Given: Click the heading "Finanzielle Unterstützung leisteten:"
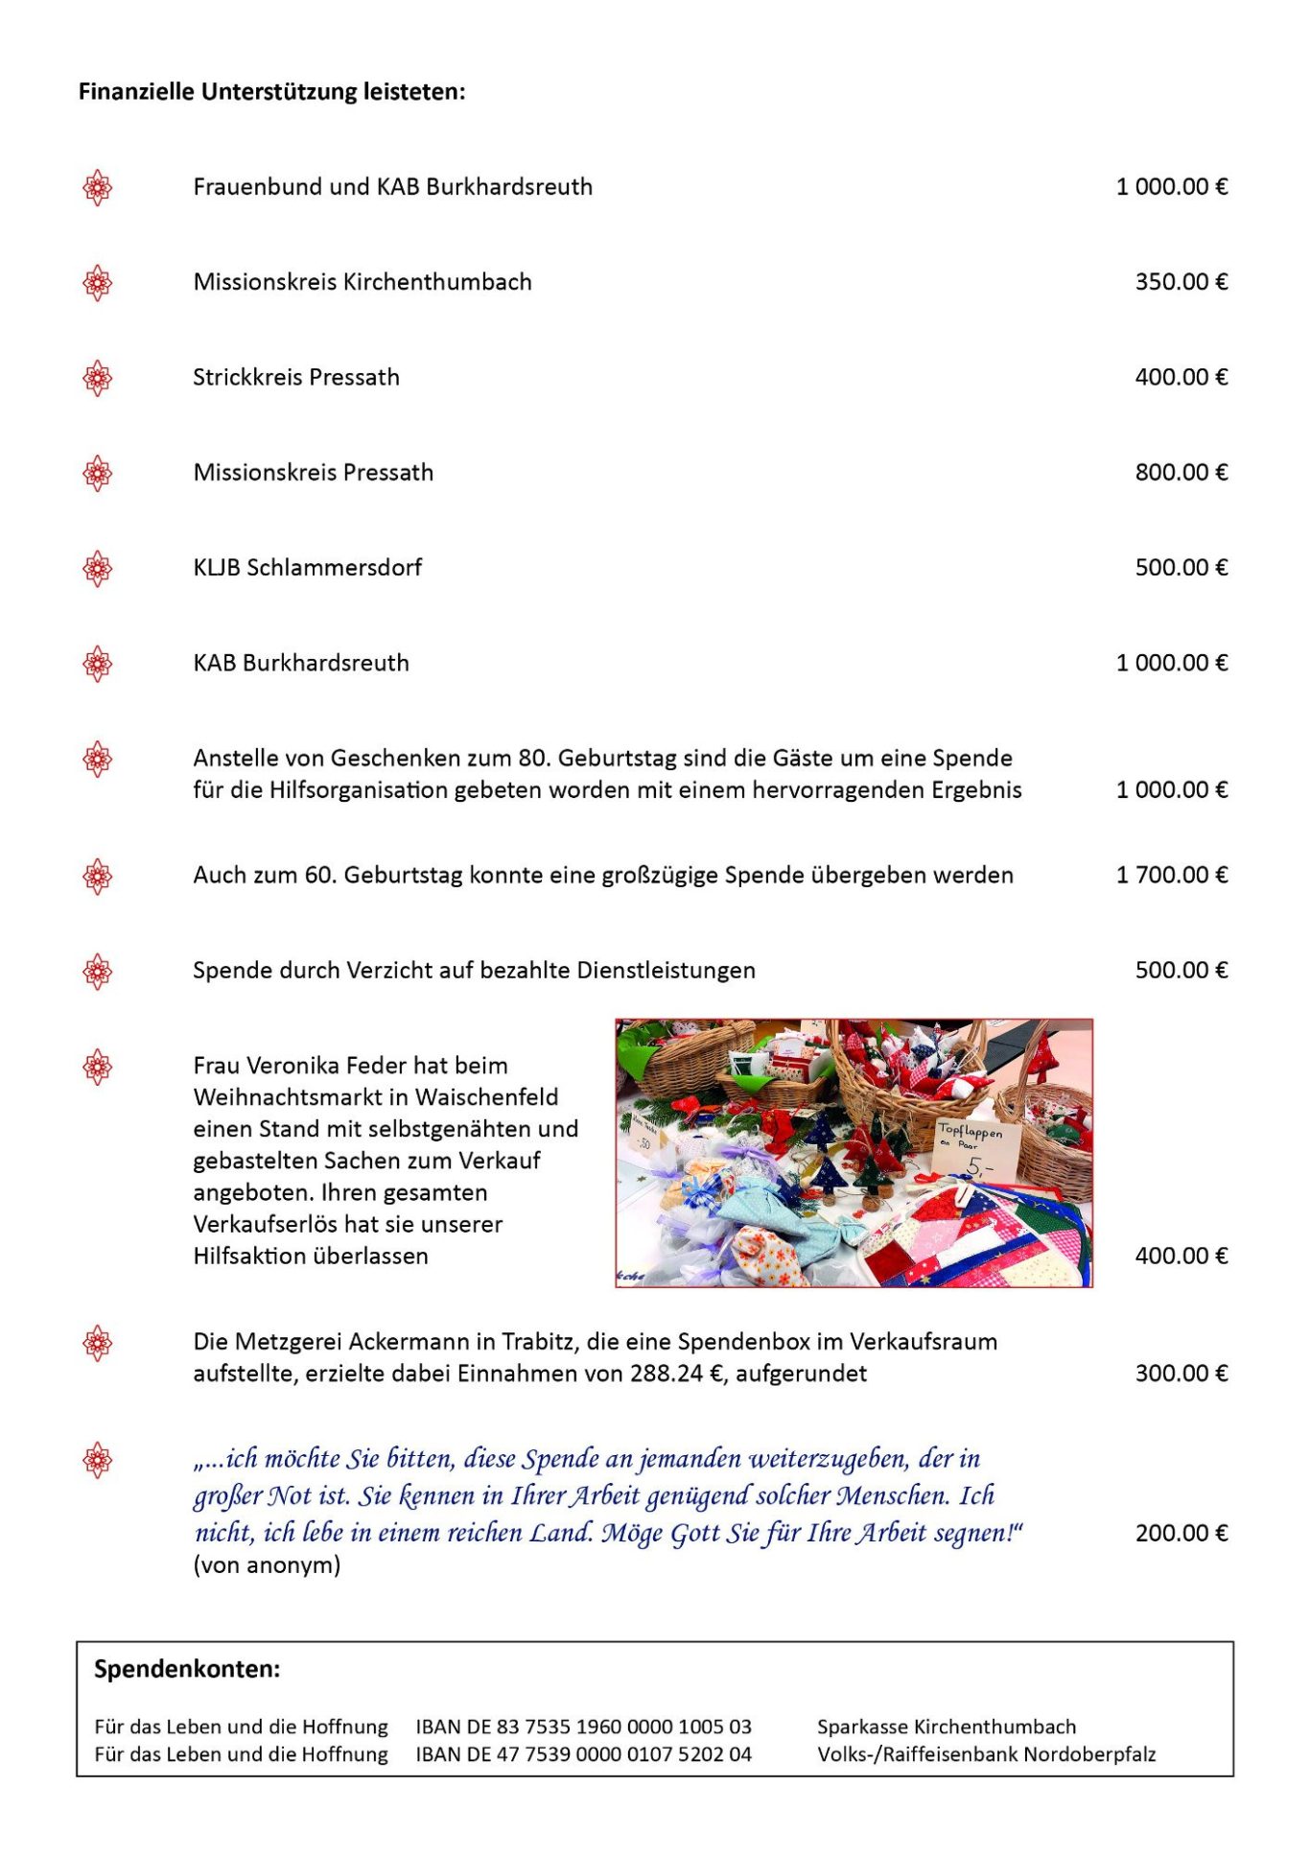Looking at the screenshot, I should click(271, 92).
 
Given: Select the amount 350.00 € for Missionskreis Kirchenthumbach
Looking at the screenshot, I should click(1181, 282).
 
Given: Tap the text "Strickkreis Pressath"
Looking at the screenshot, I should click(295, 377).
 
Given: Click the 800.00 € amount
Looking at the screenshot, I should click(1181, 472).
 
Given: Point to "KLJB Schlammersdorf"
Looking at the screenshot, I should click(307, 568).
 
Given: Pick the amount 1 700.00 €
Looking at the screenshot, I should click(1171, 875).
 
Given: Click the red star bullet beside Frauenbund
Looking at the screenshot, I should click(97, 187).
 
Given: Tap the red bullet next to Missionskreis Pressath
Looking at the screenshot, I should click(97, 473).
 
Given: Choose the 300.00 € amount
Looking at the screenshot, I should click(1181, 1374).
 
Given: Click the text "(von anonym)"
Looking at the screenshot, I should click(267, 1565).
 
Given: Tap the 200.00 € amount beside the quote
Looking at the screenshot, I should click(1181, 1533).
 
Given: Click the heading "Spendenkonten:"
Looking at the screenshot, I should click(187, 1669).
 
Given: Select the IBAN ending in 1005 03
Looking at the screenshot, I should click(583, 1727).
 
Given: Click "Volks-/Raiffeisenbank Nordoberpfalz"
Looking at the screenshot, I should click(986, 1754).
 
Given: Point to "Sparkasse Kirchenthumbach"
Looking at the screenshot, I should click(946, 1727).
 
